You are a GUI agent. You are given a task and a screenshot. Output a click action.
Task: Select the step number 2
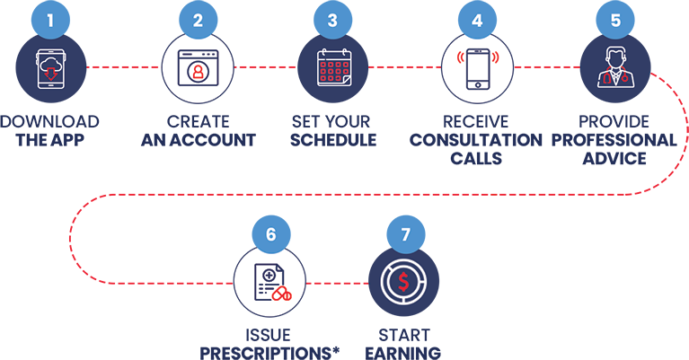[198, 20]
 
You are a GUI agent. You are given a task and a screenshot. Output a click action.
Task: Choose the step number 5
[614, 20]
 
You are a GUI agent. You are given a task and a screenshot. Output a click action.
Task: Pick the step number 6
[269, 234]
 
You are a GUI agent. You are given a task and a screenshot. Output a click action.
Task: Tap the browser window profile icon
[198, 69]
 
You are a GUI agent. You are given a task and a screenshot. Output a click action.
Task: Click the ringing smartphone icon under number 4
[477, 69]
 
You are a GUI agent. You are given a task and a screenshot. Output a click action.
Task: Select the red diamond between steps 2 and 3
[265, 69]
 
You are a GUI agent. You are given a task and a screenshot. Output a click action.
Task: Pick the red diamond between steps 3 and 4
[404, 69]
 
